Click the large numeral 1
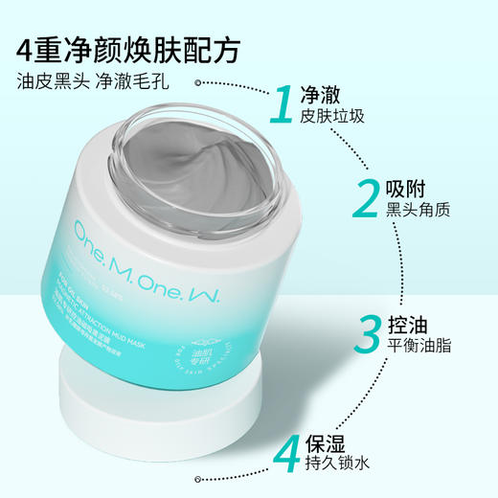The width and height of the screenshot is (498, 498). (x=283, y=105)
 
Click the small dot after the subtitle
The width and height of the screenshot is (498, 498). (x=199, y=83)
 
